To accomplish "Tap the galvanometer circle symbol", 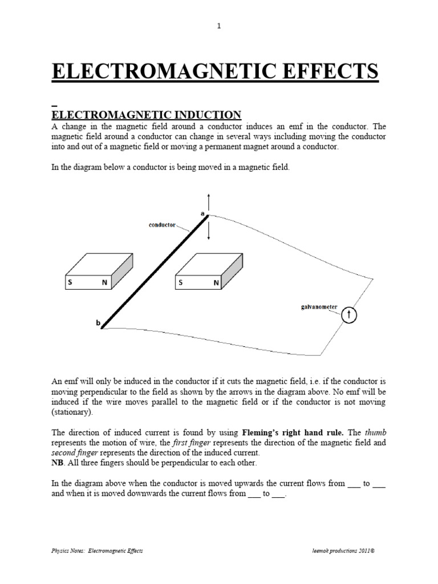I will coord(349,315).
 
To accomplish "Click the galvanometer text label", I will coord(319,307).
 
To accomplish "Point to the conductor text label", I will coord(163,225).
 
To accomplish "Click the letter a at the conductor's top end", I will coord(202,212).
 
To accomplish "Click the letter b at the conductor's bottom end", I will coord(98,323).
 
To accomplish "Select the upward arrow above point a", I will coord(209,201).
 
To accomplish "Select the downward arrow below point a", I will coord(209,232).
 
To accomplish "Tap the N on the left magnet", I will coord(105,282).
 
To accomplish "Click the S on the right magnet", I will coord(181,282).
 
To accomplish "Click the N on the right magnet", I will coord(216,282).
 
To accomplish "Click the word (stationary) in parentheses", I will coord(71,411).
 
